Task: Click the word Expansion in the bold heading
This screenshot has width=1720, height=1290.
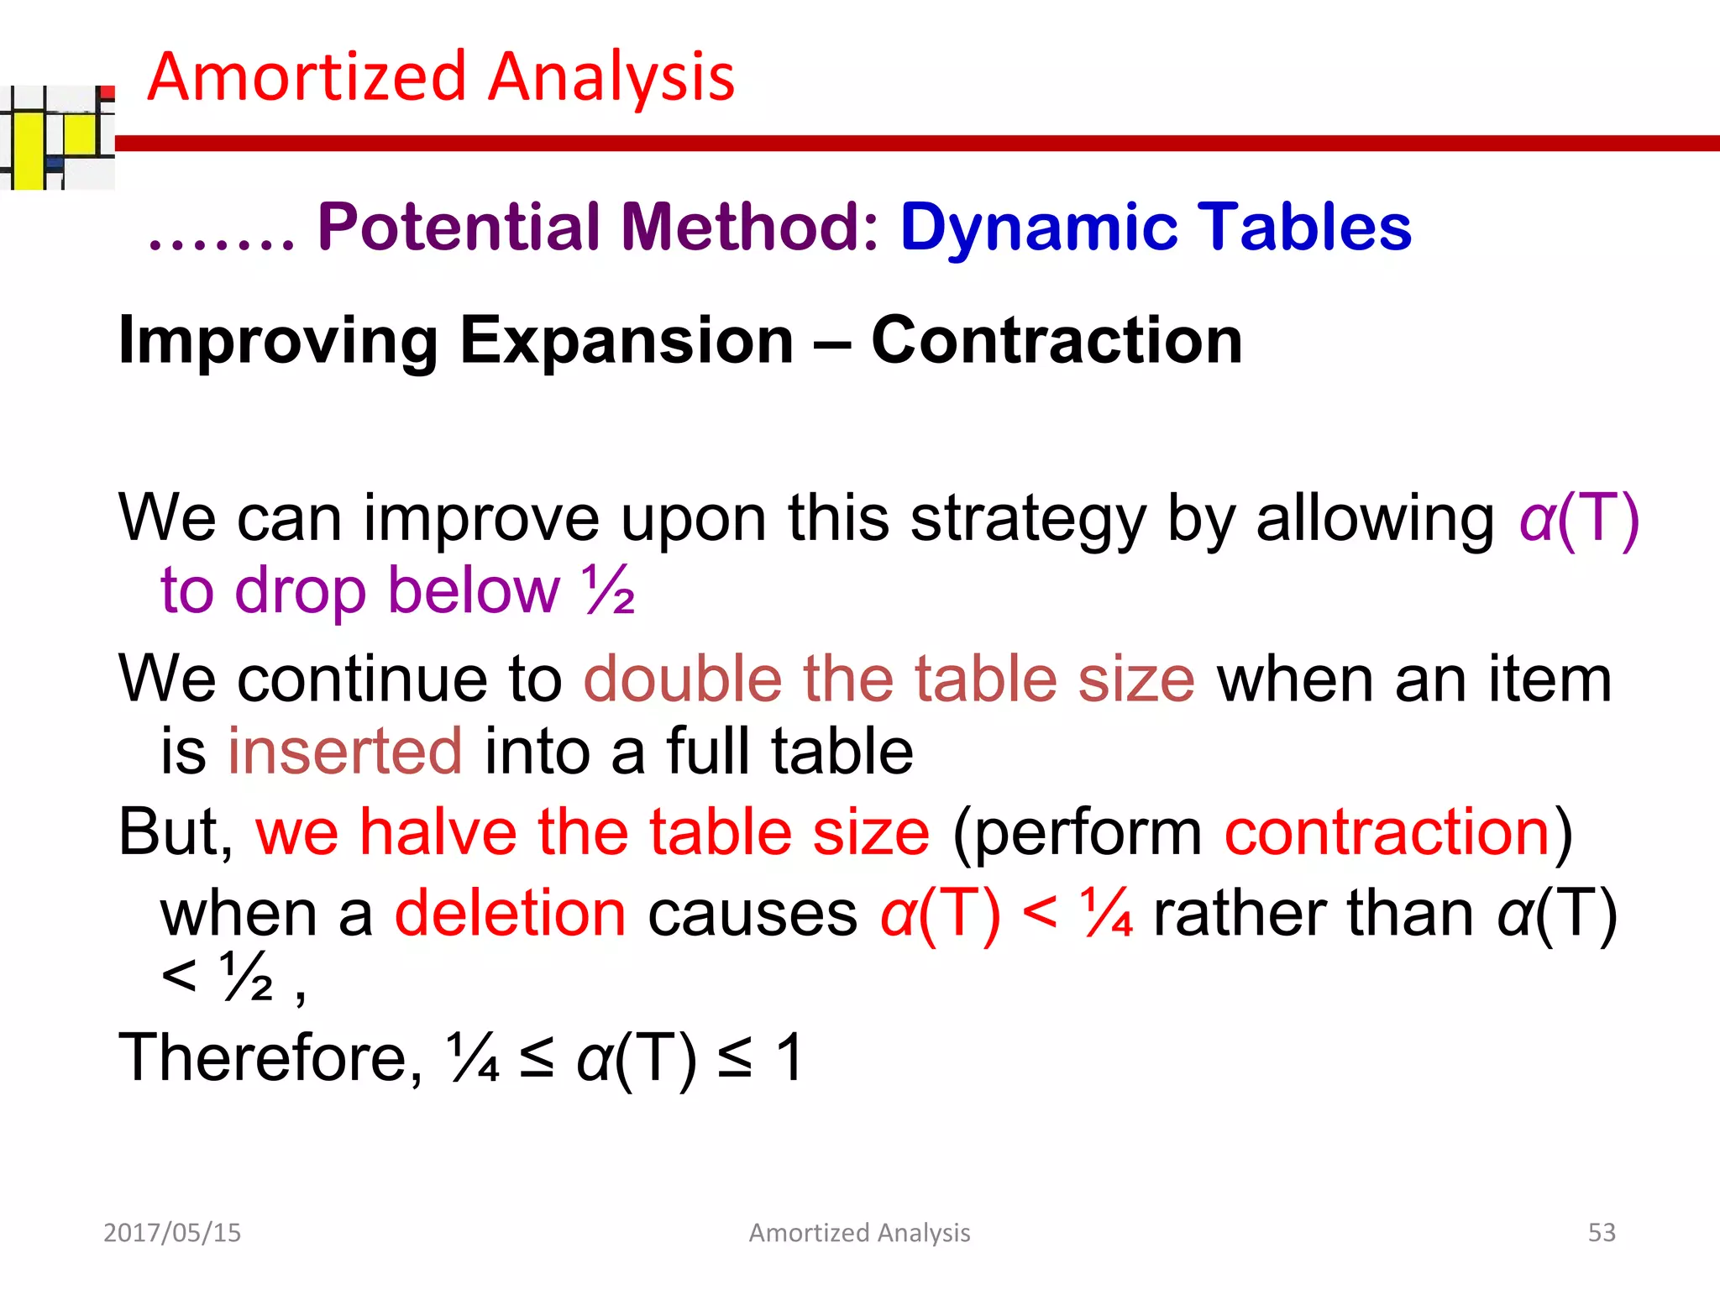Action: coord(627,341)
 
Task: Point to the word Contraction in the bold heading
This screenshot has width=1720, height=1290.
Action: coord(1057,341)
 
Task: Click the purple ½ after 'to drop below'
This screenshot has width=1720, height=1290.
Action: coord(609,590)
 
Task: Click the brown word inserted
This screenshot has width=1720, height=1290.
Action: coord(344,751)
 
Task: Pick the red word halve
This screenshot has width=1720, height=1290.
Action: coord(438,832)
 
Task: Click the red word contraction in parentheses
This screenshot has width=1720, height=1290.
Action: coord(1387,832)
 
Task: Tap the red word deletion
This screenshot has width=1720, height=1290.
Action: coord(511,914)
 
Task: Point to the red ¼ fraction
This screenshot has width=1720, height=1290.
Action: coord(1108,914)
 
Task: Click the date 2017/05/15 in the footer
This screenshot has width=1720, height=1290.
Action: coord(172,1232)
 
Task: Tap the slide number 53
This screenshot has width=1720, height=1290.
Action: coord(1602,1232)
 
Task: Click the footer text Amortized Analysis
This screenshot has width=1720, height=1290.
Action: coord(859,1232)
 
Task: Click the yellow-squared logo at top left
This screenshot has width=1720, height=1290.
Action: coord(57,138)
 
